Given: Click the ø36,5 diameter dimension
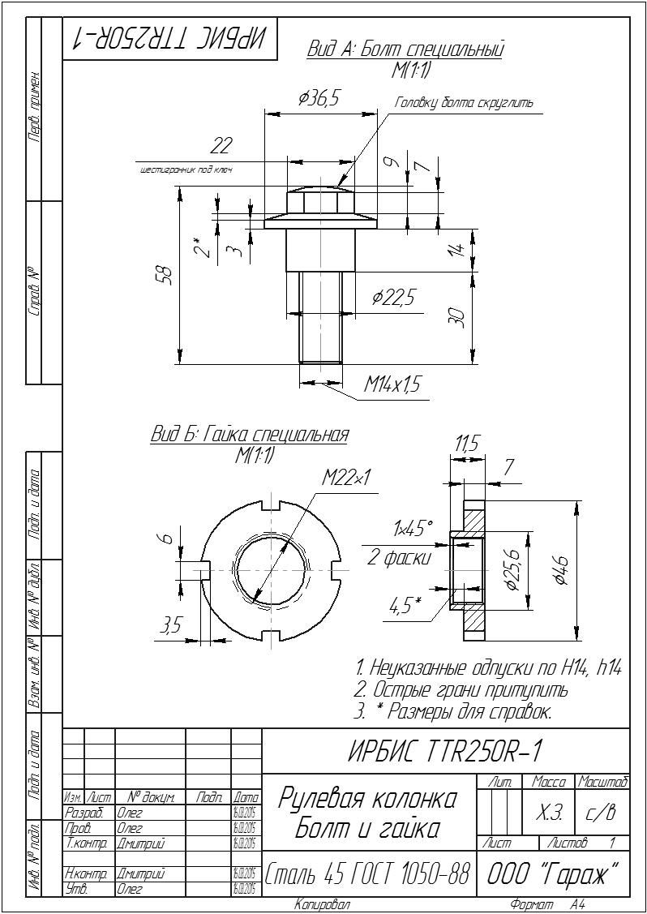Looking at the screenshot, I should pos(318,99).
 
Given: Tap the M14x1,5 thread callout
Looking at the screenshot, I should pos(392,384).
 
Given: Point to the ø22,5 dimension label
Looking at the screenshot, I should pos(393,298).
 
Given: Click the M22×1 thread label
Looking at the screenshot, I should pos(345,478).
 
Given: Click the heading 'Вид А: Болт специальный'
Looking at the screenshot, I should pos(405,49).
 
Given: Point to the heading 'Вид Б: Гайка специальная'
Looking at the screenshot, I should pos(250,434).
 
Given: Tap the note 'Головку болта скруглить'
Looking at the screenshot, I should pos(464,103).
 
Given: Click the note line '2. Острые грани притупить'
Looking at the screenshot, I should pos(462,691).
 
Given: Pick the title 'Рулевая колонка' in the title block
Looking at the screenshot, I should pos(367,799).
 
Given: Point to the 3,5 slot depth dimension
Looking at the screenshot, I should pos(171,625).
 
